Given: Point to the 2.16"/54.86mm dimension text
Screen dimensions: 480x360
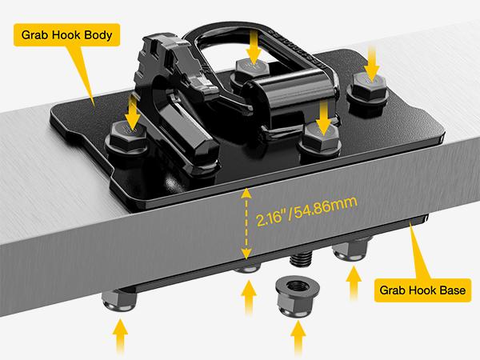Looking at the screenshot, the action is [x=306, y=211].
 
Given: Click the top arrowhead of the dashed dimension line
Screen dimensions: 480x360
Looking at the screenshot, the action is [x=246, y=193].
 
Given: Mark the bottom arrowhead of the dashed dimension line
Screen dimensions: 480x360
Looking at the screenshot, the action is [x=246, y=254].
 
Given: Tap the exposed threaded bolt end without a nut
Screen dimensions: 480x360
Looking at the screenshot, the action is [x=301, y=259].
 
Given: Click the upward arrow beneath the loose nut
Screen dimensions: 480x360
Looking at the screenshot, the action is [x=298, y=338].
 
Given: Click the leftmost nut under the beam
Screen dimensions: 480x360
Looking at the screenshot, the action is [x=119, y=302].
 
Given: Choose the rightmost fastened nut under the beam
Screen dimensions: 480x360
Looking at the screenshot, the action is [x=350, y=251].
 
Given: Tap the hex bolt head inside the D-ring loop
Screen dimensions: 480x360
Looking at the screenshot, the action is [x=252, y=70].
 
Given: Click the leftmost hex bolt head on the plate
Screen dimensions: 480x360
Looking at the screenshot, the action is [x=126, y=138].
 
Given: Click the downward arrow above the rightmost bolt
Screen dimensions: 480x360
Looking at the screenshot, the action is [x=372, y=63].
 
